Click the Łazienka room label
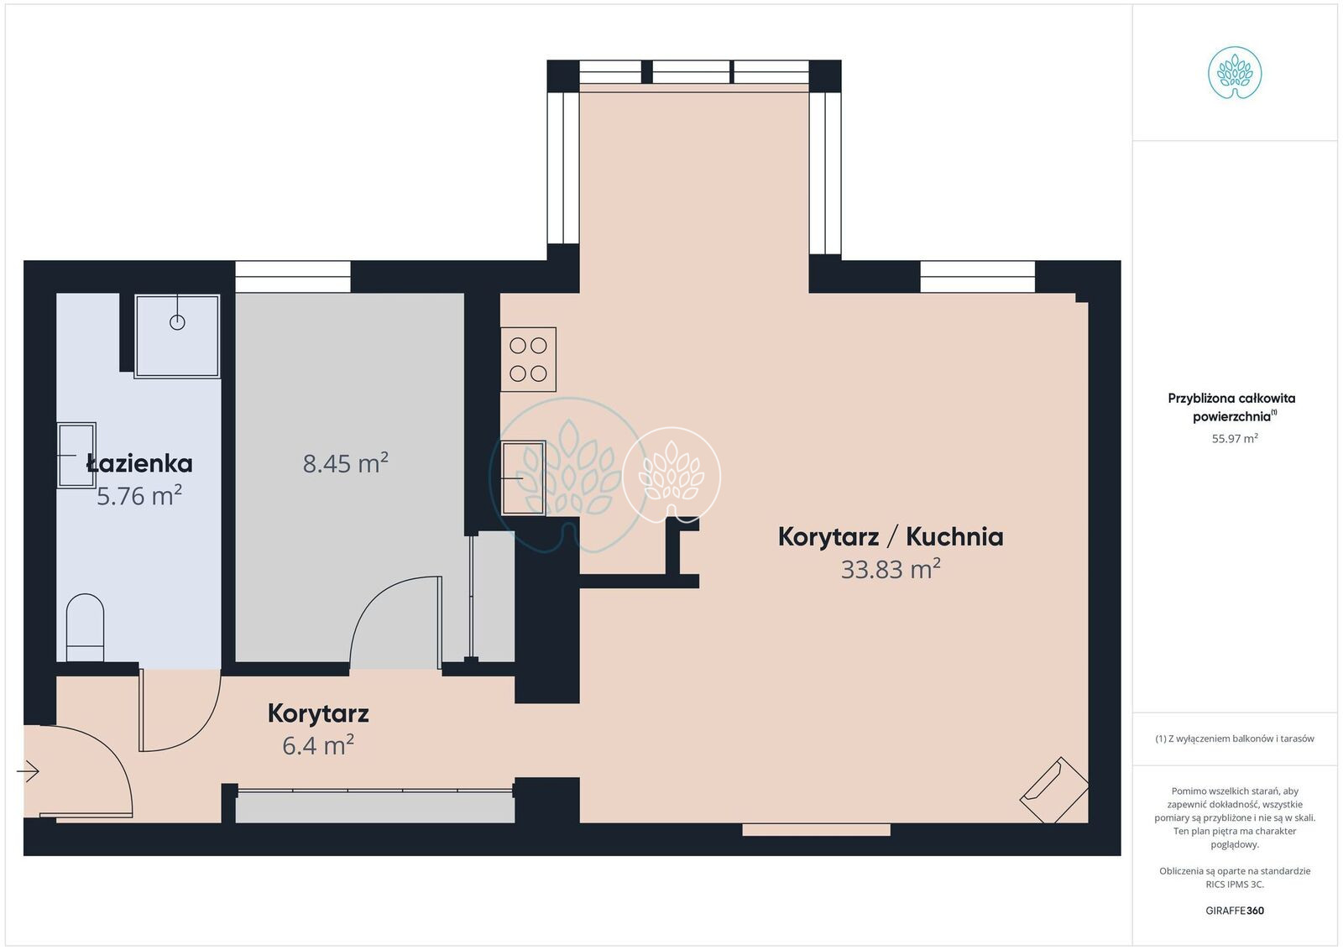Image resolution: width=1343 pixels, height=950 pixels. [139, 463]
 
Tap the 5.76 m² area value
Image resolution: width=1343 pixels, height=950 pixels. [139, 496]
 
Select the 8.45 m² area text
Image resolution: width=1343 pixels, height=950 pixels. [345, 463]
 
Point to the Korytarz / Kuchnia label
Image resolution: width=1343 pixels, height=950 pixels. [891, 536]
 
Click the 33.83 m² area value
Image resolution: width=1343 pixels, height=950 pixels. [891, 569]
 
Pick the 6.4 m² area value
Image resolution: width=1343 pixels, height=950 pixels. [318, 745]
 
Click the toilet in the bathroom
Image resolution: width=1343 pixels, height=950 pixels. [85, 628]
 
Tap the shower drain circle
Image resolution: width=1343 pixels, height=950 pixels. [177, 322]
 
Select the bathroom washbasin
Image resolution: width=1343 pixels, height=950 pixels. [76, 455]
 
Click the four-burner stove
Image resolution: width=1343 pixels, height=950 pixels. [528, 359]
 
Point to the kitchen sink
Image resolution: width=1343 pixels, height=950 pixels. [523, 478]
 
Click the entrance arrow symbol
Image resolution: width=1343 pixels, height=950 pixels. [28, 771]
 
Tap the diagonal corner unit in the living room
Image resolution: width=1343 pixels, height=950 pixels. [1054, 790]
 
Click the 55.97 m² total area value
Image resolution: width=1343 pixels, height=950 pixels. [1235, 438]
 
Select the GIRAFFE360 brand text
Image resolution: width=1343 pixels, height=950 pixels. [1235, 911]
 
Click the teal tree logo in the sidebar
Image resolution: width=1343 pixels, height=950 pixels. [1235, 73]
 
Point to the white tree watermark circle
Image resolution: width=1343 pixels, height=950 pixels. [671, 477]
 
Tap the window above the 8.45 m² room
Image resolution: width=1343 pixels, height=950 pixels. [293, 277]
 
